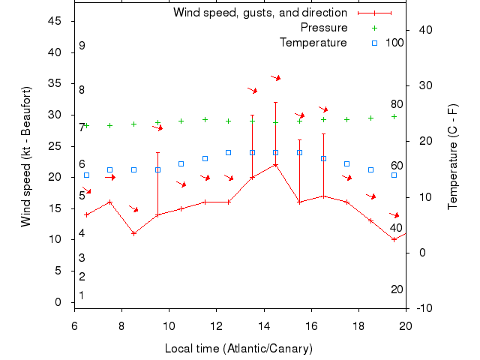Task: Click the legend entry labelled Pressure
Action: click(324, 28)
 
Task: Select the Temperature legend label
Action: click(313, 42)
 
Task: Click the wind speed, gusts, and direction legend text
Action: click(259, 13)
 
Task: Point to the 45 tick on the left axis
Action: click(55, 21)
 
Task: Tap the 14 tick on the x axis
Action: click(264, 325)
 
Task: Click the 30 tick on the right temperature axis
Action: click(422, 85)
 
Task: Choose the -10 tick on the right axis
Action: click(424, 307)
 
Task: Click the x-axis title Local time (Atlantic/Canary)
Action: click(238, 349)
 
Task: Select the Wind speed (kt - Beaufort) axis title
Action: click(27, 157)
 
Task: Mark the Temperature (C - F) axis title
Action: click(452, 157)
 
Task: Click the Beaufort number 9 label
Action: click(82, 46)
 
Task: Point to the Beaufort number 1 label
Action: click(82, 295)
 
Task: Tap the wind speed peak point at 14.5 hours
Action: click(276, 165)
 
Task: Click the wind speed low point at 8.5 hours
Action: click(133, 233)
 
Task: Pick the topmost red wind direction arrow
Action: click(276, 77)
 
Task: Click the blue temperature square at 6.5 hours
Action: click(86, 175)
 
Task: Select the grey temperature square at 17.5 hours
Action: click(347, 163)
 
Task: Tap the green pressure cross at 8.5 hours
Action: click(133, 124)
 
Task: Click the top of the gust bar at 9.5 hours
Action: click(157, 153)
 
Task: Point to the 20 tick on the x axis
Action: click(406, 325)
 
